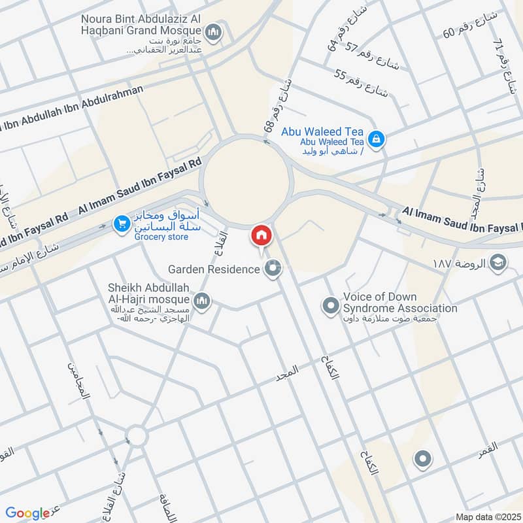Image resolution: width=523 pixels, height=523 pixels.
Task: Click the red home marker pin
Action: (x=261, y=235)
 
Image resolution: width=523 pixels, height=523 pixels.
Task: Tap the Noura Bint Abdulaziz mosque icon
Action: (x=213, y=31)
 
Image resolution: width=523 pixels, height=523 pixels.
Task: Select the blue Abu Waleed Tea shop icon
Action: (x=376, y=139)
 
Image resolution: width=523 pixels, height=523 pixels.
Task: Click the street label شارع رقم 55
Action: (x=361, y=83)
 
